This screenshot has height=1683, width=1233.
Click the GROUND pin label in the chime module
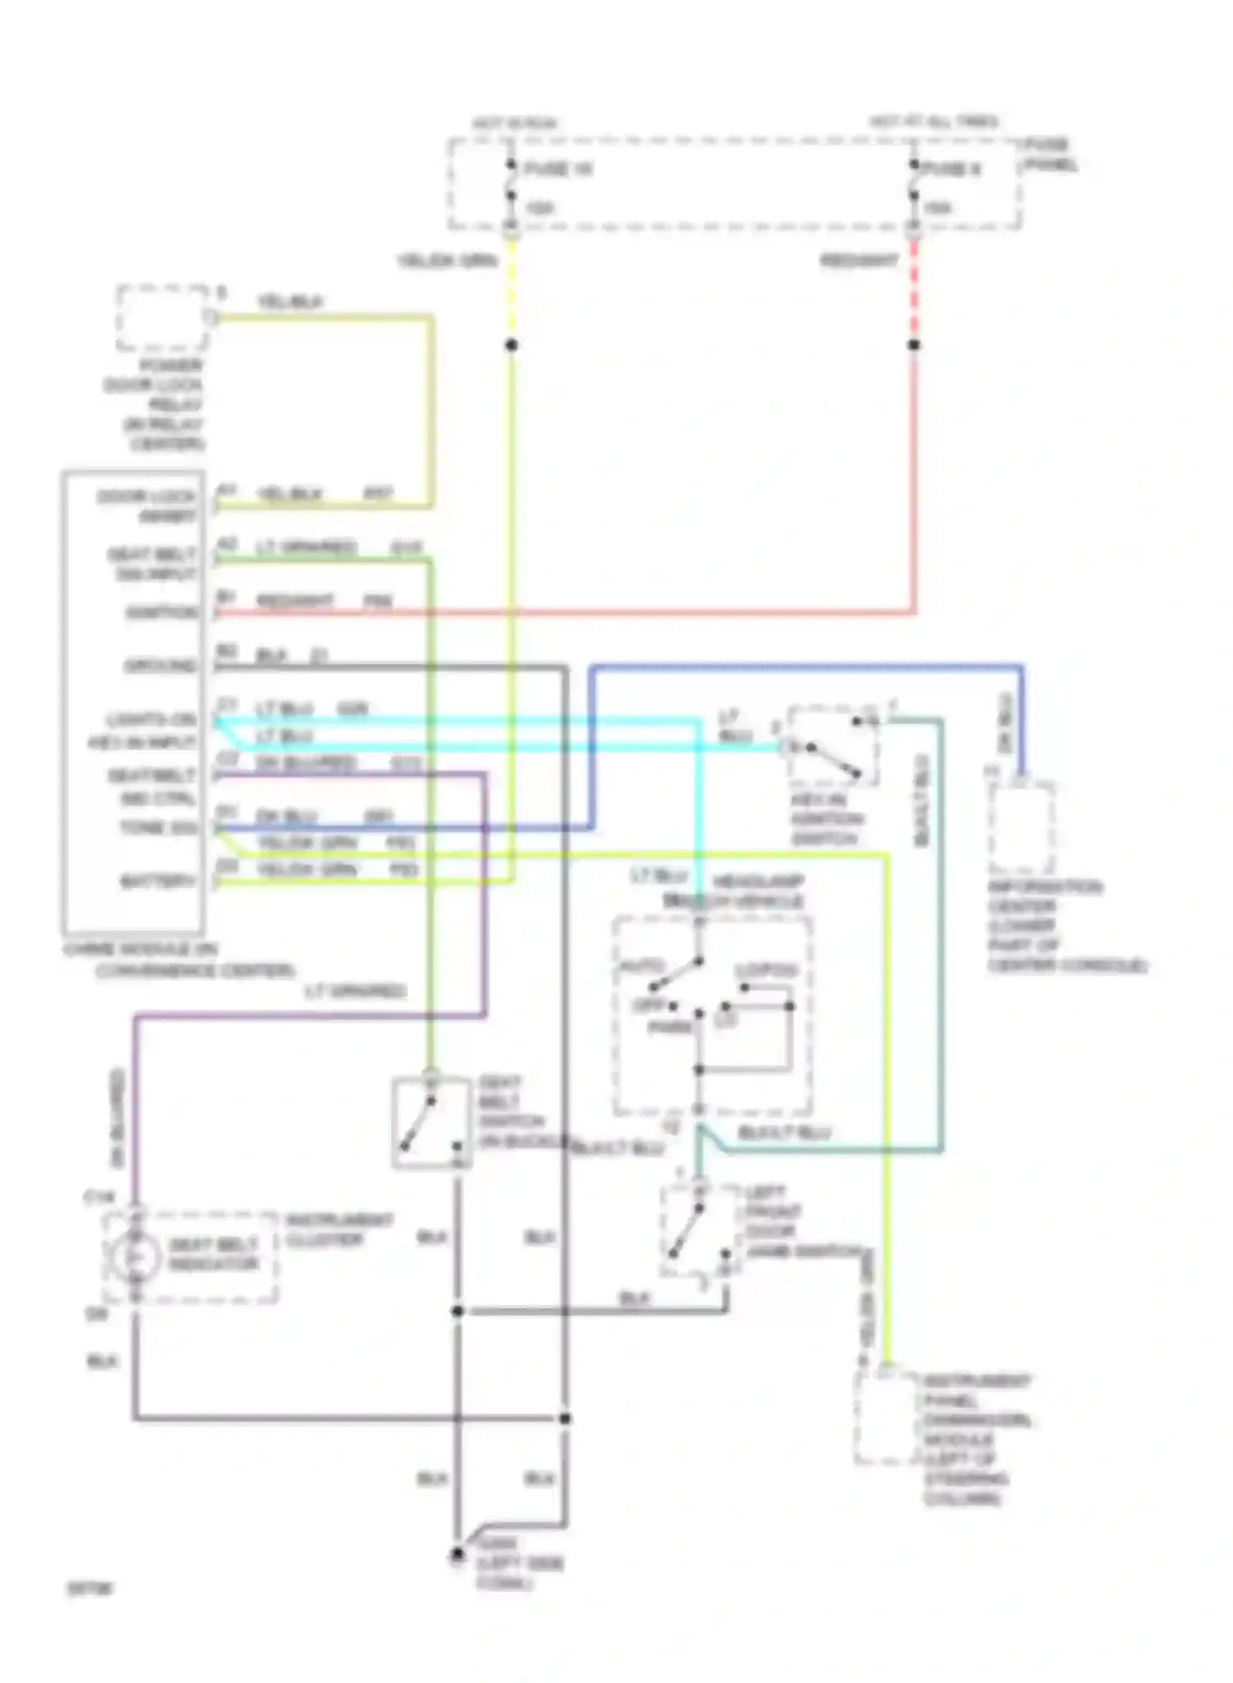(160, 666)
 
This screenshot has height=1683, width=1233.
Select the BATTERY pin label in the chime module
(158, 882)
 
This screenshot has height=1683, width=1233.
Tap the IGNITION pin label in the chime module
(162, 613)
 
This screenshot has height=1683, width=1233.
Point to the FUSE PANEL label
(1050, 154)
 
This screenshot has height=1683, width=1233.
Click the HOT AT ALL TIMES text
(934, 122)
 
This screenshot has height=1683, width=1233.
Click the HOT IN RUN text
(515, 124)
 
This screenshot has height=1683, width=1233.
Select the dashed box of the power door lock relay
(162, 318)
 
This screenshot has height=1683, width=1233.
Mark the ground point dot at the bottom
(457, 1556)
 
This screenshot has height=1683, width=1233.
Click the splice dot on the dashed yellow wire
(511, 345)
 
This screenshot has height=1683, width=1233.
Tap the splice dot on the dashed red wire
(914, 345)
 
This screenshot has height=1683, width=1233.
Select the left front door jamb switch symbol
(698, 1230)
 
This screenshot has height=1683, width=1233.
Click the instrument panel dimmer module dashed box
(885, 1416)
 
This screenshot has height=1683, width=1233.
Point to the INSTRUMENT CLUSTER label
(339, 1229)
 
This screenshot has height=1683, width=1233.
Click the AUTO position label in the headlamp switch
(642, 967)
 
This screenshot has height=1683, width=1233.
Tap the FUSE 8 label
(952, 169)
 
